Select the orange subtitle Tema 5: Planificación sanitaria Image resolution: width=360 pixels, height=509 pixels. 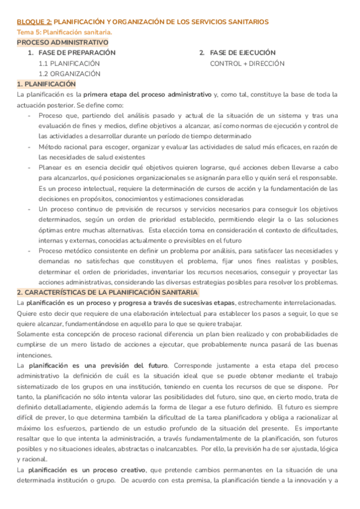[x=64, y=32]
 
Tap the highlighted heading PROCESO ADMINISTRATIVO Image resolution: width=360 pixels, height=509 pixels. [x=62, y=43]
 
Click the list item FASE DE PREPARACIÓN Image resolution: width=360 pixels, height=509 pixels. [x=77, y=53]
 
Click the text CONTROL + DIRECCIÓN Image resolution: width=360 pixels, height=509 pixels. [x=247, y=63]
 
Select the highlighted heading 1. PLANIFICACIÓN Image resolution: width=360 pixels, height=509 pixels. [x=46, y=84]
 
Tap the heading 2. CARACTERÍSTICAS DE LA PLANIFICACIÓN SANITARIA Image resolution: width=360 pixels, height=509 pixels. [x=107, y=292]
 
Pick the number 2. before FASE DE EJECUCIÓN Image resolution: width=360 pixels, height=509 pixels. [x=202, y=53]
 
